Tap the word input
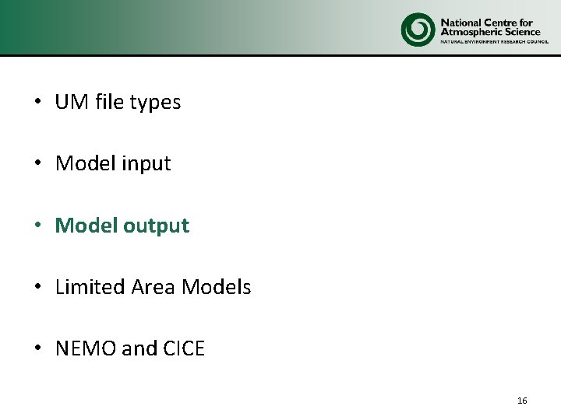146,165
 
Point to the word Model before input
85,164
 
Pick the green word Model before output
85,226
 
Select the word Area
153,287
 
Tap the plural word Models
216,287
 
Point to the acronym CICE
183,349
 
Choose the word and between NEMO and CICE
139,349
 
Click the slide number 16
522,401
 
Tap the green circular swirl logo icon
418,30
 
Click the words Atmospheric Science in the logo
490,32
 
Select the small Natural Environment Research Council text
490,43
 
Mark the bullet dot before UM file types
37,103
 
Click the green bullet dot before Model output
37,226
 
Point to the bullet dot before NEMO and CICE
37,349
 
